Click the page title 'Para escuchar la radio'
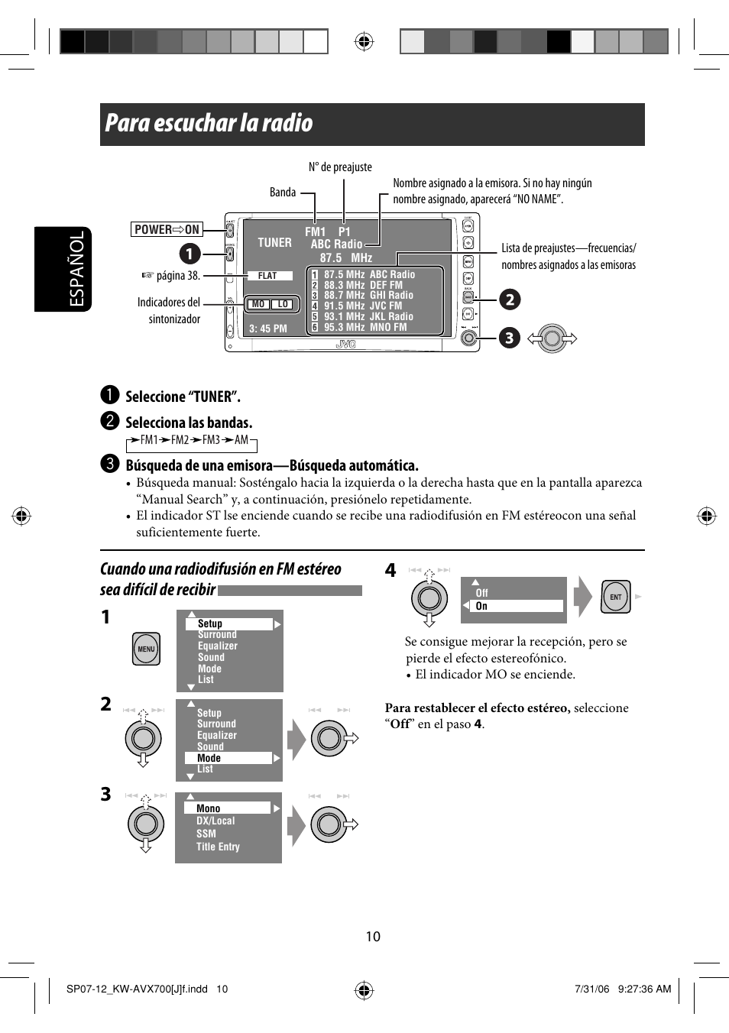pos(209,124)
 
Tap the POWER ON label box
pos(167,229)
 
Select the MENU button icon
pos(146,649)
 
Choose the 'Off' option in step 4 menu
pos(481,593)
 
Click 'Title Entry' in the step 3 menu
pos(218,847)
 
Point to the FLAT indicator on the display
pos(267,276)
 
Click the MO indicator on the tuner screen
pos(258,304)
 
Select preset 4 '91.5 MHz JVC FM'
pos(363,306)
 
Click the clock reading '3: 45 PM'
pos(268,329)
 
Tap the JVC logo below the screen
pos(346,345)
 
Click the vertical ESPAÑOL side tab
pos(76,269)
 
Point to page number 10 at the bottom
pos(373,937)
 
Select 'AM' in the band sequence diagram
pos(241,440)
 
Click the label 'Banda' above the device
pos(283,193)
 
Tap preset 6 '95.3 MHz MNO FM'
pos(365,327)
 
